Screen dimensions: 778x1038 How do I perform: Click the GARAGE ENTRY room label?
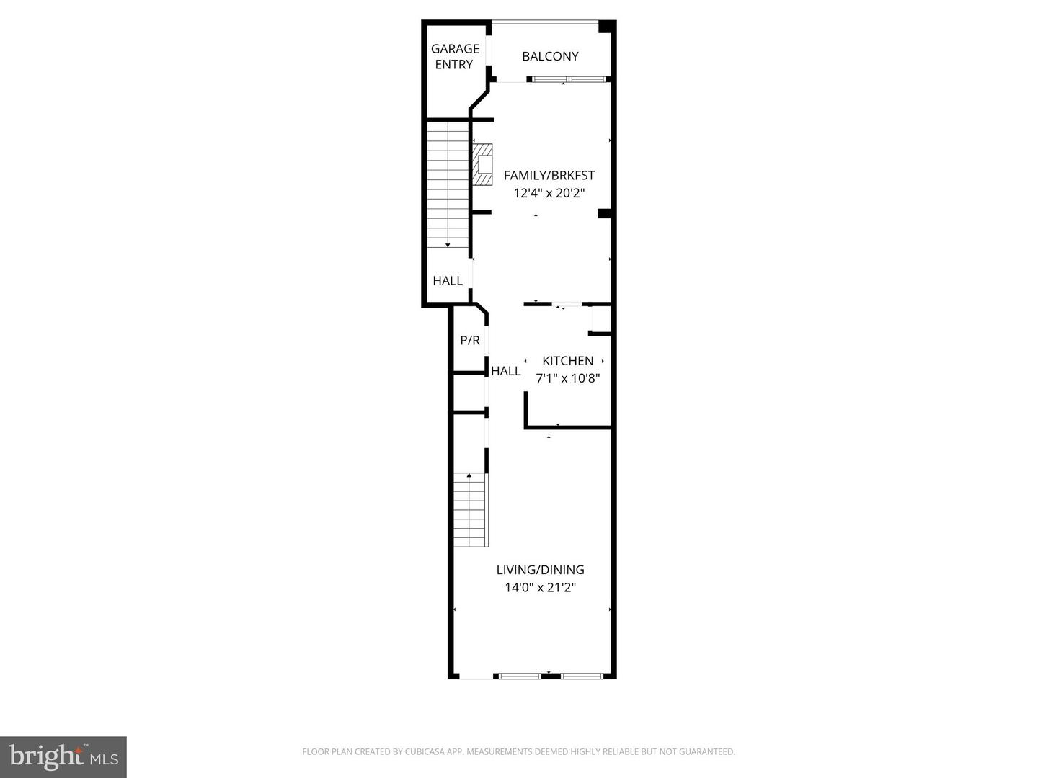pyautogui.click(x=455, y=56)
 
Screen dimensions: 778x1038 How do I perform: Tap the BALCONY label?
pyautogui.click(x=550, y=56)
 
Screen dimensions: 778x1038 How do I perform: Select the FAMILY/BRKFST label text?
pyautogui.click(x=549, y=175)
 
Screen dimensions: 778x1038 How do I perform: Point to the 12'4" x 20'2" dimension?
pyautogui.click(x=549, y=193)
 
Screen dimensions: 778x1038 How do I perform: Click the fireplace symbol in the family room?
pyautogui.click(x=482, y=165)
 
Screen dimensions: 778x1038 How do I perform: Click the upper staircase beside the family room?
pyautogui.click(x=448, y=186)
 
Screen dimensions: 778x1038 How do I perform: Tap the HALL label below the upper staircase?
pyautogui.click(x=448, y=281)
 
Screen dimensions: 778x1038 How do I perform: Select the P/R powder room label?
pyautogui.click(x=470, y=341)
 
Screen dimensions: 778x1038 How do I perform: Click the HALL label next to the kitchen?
pyautogui.click(x=505, y=371)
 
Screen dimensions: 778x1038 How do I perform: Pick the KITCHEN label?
pyautogui.click(x=567, y=361)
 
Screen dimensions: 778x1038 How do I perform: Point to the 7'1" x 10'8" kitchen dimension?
pyautogui.click(x=567, y=378)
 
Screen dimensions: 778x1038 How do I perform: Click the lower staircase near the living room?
pyautogui.click(x=471, y=510)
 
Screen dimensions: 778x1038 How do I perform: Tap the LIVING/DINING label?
pyautogui.click(x=540, y=570)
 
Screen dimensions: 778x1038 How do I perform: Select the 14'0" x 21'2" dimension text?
pyautogui.click(x=540, y=588)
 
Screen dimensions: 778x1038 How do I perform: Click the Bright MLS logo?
pyautogui.click(x=63, y=756)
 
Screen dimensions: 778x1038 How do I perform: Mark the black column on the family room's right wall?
pyautogui.click(x=605, y=213)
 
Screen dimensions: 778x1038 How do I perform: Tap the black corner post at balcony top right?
pyautogui.click(x=607, y=27)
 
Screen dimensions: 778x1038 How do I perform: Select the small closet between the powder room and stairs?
pyautogui.click(x=469, y=393)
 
